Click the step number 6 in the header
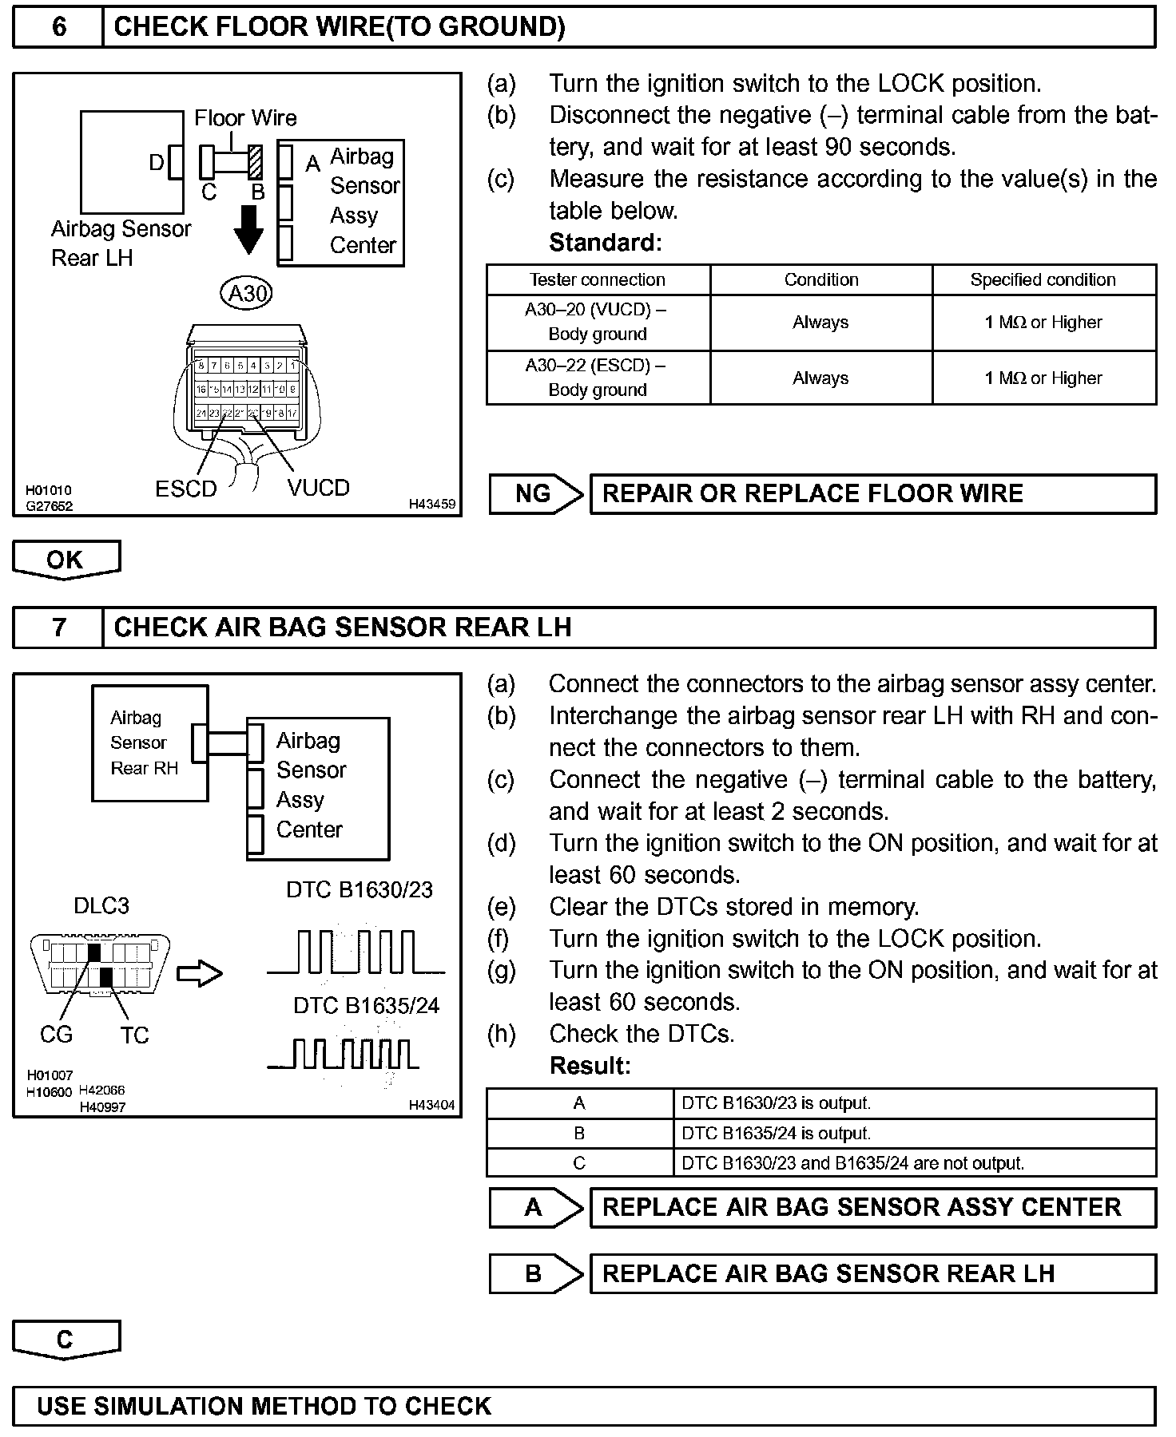[x=58, y=27]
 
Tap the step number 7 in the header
[x=58, y=627]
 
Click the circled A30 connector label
[x=247, y=294]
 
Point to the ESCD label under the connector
[x=186, y=489]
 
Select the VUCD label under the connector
[x=318, y=488]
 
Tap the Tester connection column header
[x=598, y=280]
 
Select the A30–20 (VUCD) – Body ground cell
[x=598, y=323]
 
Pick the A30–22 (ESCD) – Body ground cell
[x=598, y=378]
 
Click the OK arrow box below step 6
[x=66, y=560]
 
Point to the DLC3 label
[x=101, y=906]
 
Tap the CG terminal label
[x=56, y=1035]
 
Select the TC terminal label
[x=135, y=1035]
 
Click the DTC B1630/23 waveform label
[x=360, y=890]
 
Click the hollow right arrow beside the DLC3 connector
[x=199, y=973]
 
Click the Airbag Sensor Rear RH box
[x=149, y=743]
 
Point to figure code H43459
[x=432, y=504]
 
